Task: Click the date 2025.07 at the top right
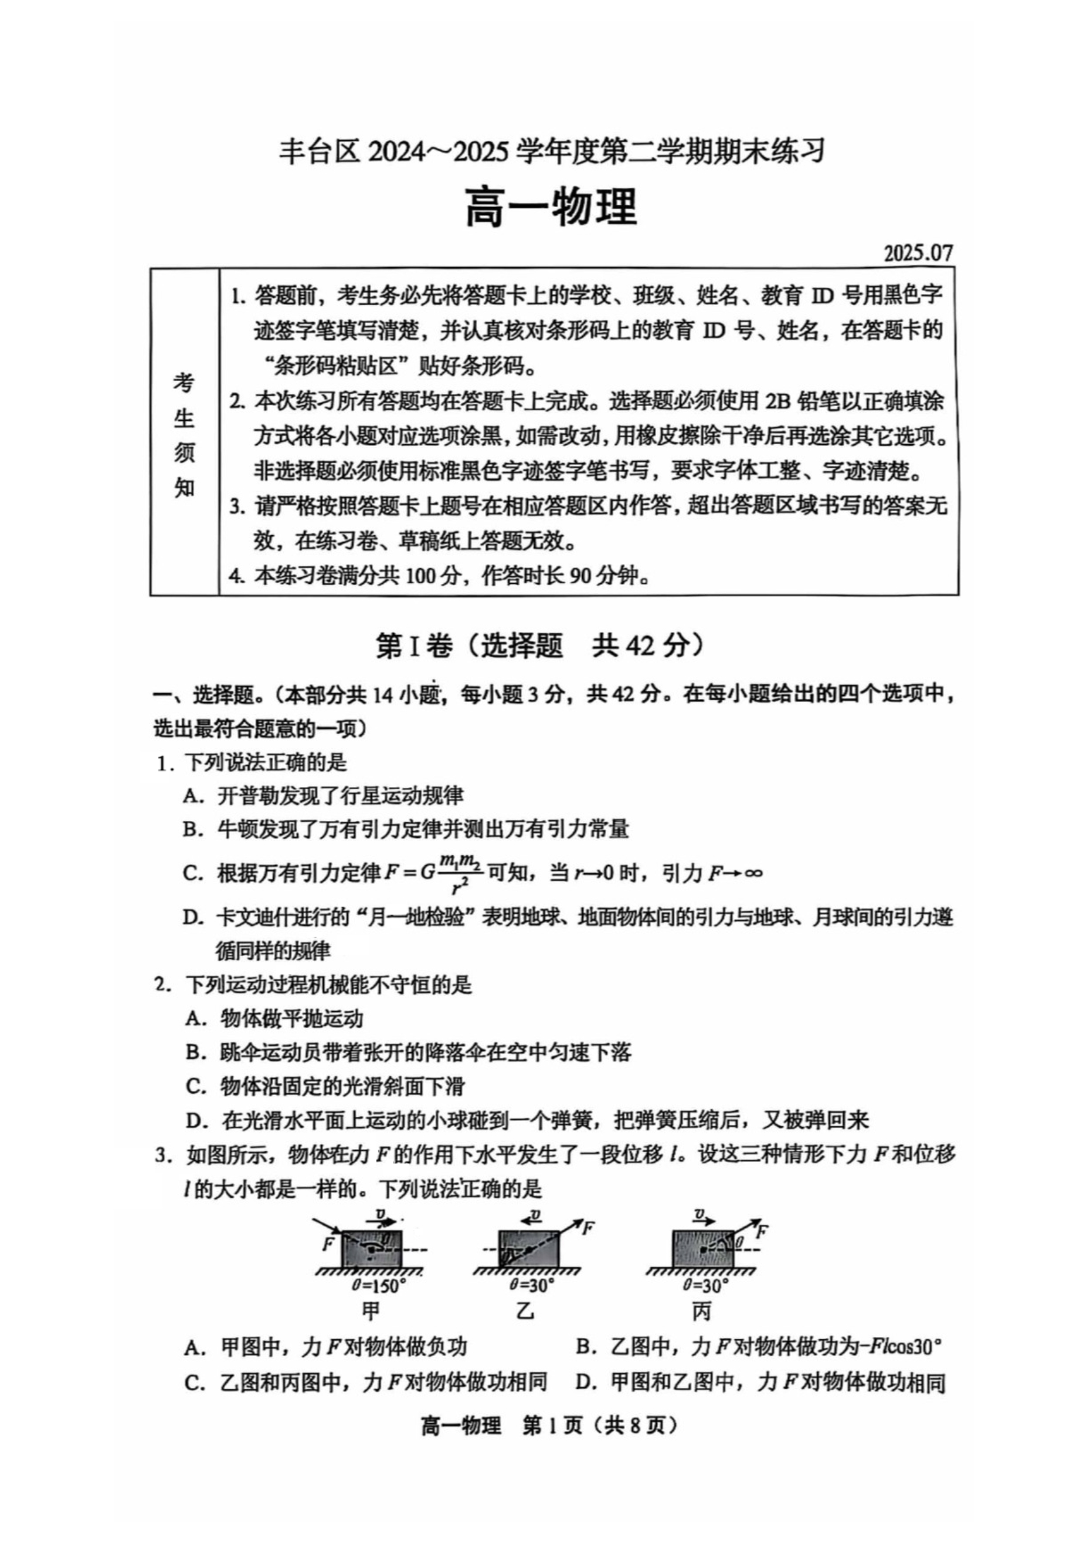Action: point(918,253)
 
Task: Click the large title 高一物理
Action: point(551,207)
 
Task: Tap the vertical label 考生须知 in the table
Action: point(184,434)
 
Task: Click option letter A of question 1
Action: point(193,796)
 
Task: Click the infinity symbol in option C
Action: point(753,873)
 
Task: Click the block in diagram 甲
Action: point(372,1249)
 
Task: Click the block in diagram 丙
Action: point(702,1249)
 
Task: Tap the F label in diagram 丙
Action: point(762,1232)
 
